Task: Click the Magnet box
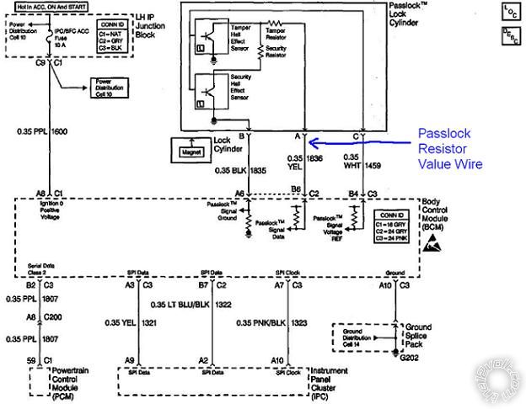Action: tap(191, 151)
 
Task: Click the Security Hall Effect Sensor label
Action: tap(244, 87)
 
